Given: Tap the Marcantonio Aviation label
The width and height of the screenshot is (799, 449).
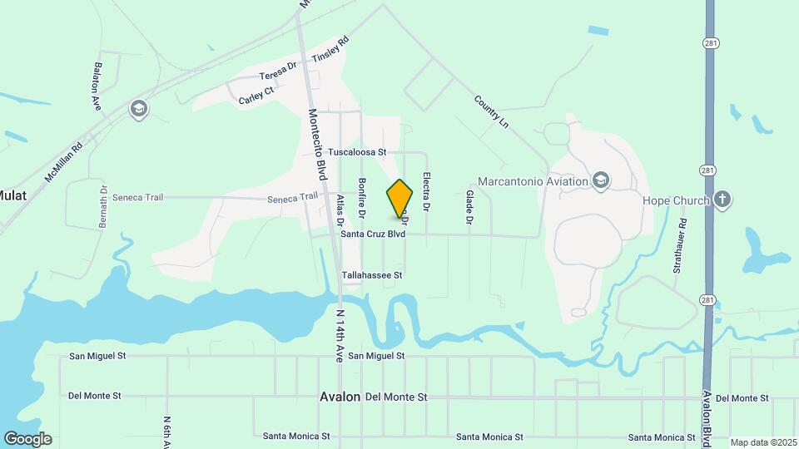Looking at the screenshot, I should coord(533,181).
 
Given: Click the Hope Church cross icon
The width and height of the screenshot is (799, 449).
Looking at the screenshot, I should coord(722,200).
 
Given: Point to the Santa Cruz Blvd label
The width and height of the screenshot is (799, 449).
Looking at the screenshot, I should coord(373,235).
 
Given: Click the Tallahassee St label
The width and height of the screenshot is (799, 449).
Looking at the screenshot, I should coord(372,275).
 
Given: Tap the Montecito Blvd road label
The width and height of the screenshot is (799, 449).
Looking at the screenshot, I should coord(316,145).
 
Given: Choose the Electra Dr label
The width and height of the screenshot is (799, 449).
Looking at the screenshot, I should coord(425,190).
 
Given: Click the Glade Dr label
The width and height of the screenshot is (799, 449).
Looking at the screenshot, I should coord(469,207).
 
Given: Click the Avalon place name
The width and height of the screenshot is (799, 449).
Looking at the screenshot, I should coord(340,397).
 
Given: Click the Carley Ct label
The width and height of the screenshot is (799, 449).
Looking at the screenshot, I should coord(256,97).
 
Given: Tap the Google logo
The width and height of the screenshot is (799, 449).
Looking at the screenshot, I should coord(27,439).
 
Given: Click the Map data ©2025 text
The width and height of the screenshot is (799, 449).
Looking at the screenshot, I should coord(762,442).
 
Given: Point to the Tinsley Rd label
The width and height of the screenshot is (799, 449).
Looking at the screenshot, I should coord(330,50).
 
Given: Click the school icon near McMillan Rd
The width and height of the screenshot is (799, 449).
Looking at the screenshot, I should coord(138,109).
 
